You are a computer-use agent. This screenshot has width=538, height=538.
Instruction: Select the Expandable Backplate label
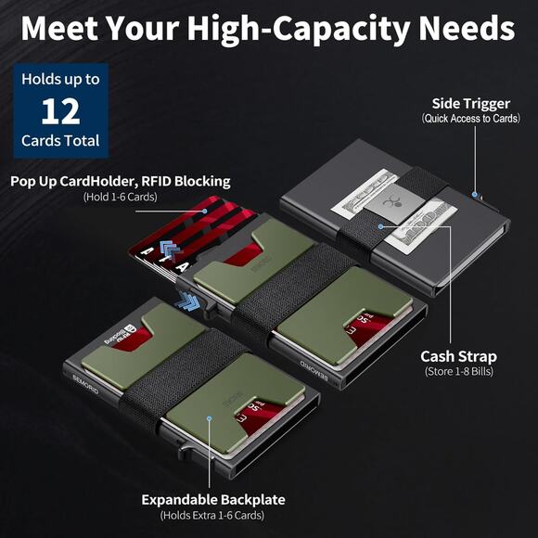pos(212,500)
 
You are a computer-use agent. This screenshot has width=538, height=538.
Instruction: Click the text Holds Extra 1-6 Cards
pos(212,516)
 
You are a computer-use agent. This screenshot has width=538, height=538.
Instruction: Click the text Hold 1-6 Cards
pos(121,197)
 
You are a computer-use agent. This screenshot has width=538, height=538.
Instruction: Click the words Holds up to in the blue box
pos(59,79)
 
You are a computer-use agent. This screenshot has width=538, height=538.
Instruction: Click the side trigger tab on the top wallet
pos(476,196)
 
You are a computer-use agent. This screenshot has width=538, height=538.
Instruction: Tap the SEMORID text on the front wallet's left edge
pos(84,381)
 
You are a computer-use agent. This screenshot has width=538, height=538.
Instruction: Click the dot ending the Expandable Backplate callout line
pos(211,419)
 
